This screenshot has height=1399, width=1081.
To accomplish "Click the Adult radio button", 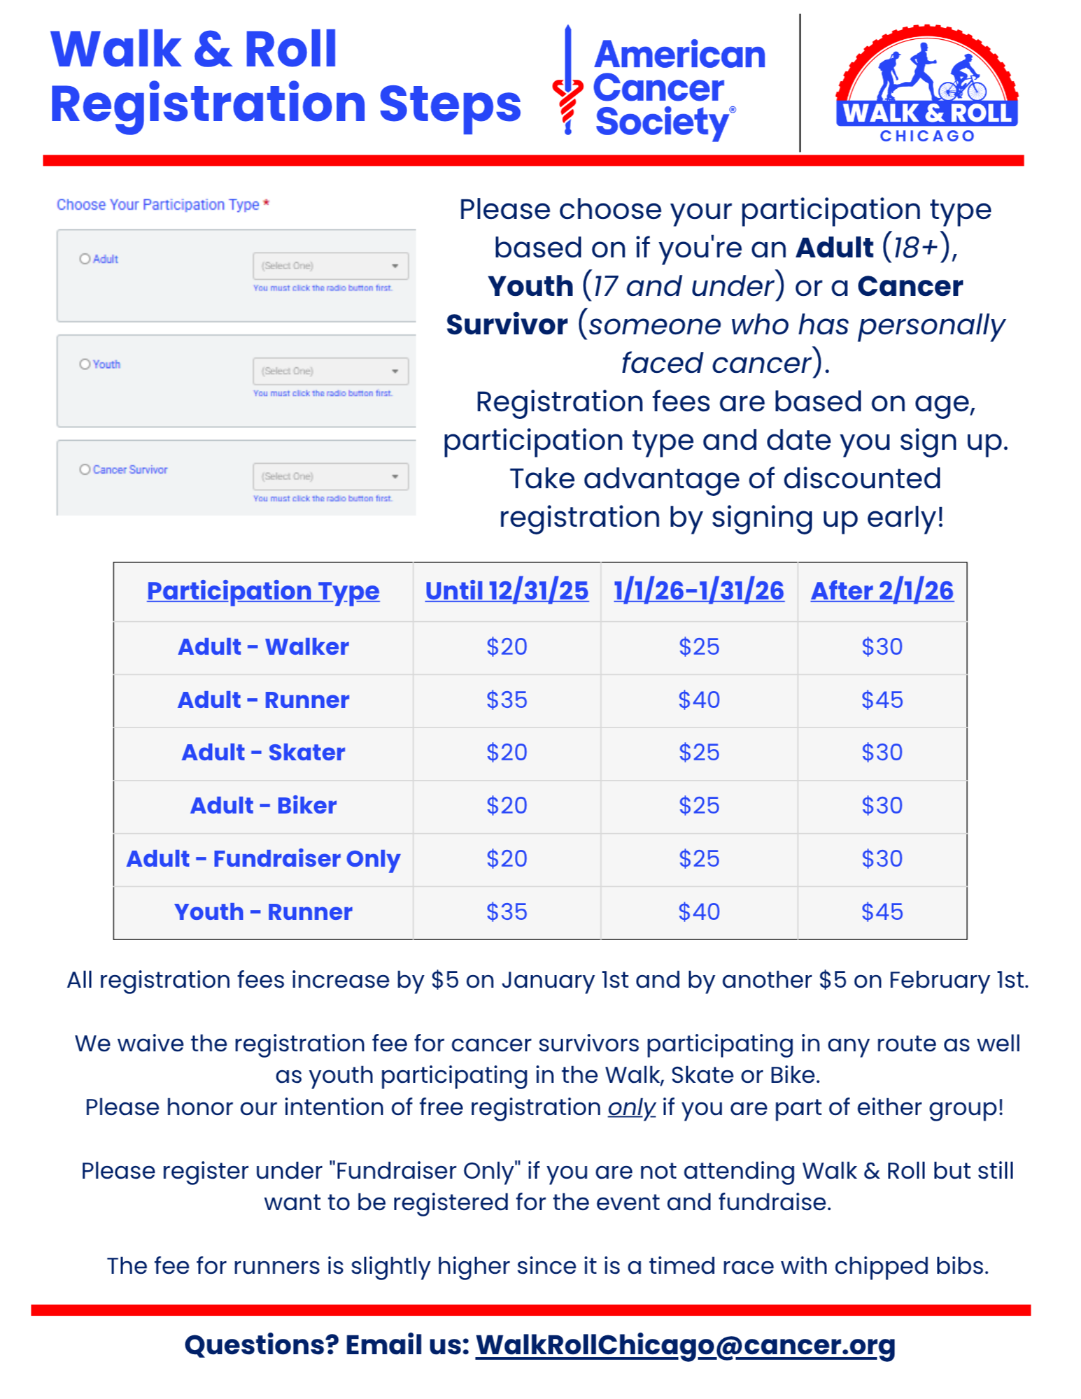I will [x=85, y=259].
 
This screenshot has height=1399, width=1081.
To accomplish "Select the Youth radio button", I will [x=85, y=364].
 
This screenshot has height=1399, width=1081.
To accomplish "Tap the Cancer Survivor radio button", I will [x=85, y=469].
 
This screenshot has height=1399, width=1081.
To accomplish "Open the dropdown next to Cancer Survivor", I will [x=330, y=476].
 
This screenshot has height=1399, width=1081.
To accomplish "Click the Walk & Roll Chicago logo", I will [x=926, y=85].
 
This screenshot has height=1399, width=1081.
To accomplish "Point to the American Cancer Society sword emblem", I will [x=567, y=80].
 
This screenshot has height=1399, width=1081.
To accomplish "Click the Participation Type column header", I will [x=263, y=591].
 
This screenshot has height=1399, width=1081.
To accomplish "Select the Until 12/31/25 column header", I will [x=507, y=591].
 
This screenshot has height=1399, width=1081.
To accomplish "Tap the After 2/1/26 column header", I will [x=882, y=591].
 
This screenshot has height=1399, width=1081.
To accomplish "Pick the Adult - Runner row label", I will [x=263, y=700].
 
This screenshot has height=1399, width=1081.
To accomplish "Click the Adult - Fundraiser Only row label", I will [x=263, y=859].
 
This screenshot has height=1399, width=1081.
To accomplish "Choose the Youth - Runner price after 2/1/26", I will [x=882, y=912].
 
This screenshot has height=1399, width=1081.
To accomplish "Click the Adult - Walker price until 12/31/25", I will [x=507, y=647].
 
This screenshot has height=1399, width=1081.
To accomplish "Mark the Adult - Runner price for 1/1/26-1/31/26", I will [x=698, y=700].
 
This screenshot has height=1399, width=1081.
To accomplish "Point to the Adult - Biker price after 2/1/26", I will [x=882, y=806].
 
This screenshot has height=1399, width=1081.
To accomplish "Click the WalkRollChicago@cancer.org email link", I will [x=685, y=1345].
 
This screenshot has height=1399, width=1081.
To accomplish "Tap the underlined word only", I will [x=631, y=1107].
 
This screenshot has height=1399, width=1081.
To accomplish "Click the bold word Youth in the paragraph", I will [x=530, y=286].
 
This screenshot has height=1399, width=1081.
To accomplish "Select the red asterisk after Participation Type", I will [x=267, y=204].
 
